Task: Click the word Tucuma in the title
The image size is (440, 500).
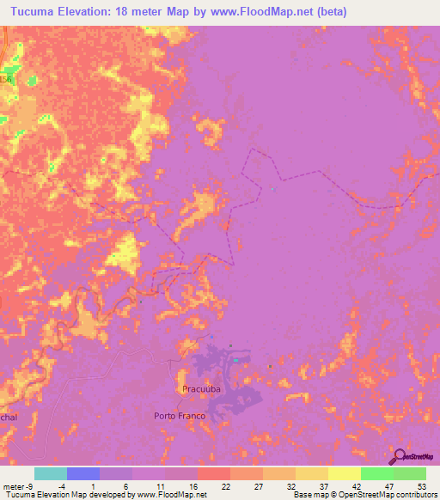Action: [x=31, y=10]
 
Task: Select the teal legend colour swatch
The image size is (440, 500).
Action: [x=51, y=473]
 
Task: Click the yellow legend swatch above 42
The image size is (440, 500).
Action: [x=345, y=473]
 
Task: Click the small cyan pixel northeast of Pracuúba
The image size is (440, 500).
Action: [x=235, y=361]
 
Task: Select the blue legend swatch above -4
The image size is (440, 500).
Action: [x=83, y=473]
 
